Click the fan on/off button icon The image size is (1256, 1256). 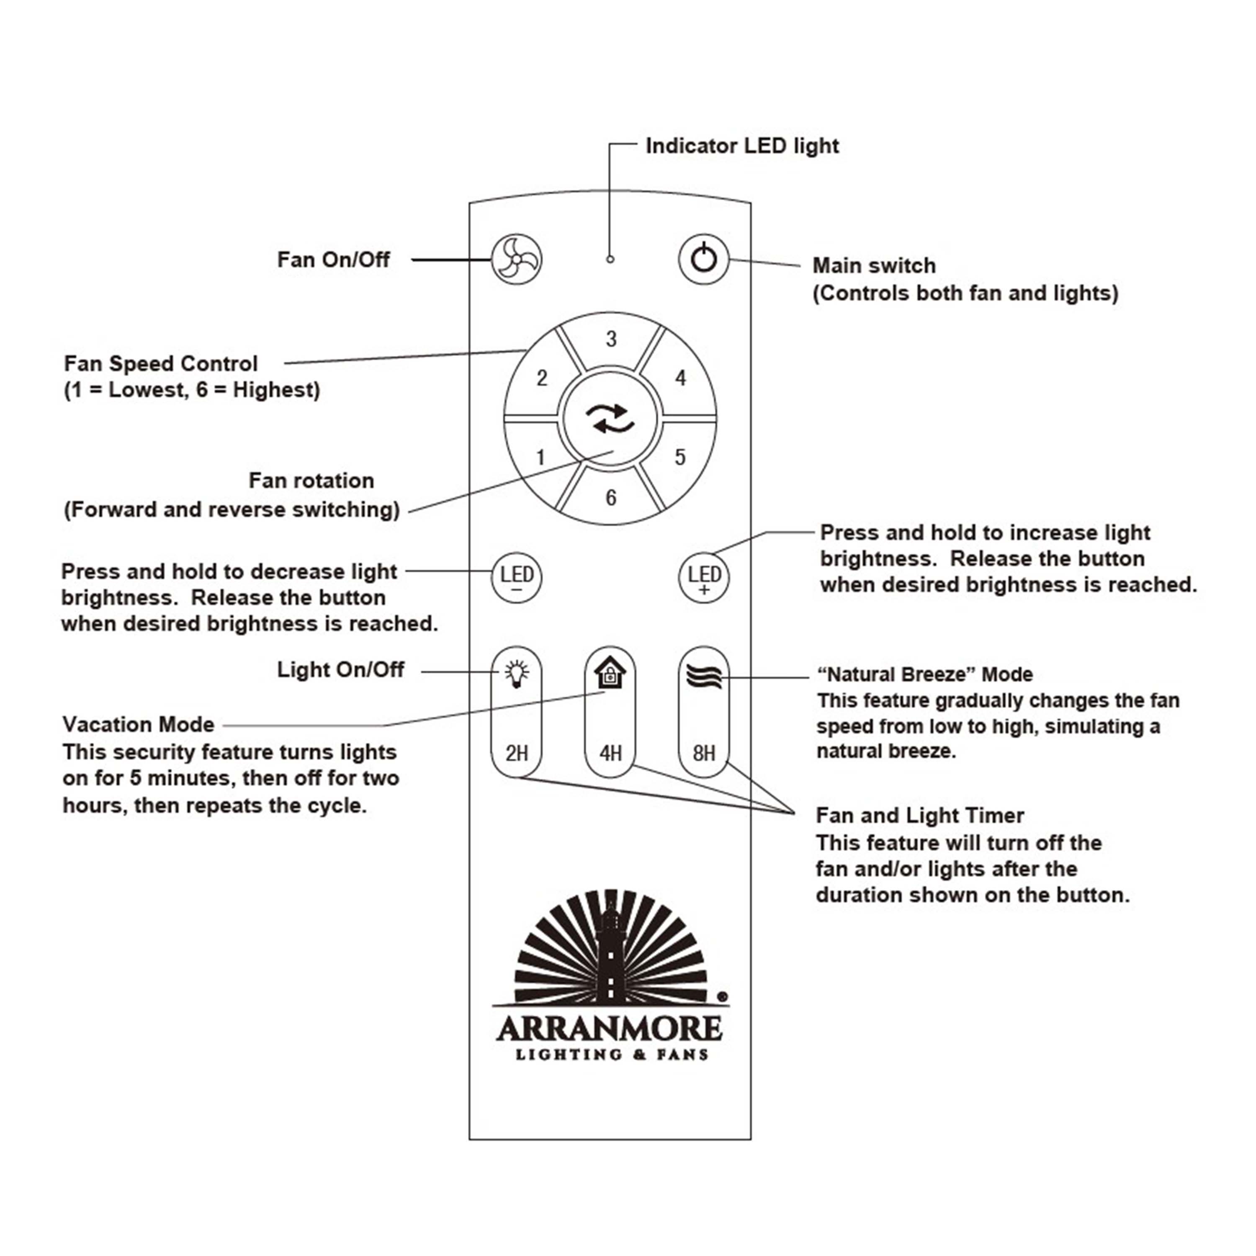pos(516,260)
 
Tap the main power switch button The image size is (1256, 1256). pos(703,260)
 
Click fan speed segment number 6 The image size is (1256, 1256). pos(610,498)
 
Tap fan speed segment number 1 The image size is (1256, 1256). pos(540,458)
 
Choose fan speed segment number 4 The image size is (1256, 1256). pos(680,378)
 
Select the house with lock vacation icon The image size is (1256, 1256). pos(610,673)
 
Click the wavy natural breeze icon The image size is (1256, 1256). pos(703,677)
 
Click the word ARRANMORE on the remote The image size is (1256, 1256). pos(610,1029)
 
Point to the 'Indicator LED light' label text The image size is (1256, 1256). pos(742,146)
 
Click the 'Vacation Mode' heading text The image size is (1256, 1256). pos(139,724)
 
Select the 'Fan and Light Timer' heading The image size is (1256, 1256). pos(919,815)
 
